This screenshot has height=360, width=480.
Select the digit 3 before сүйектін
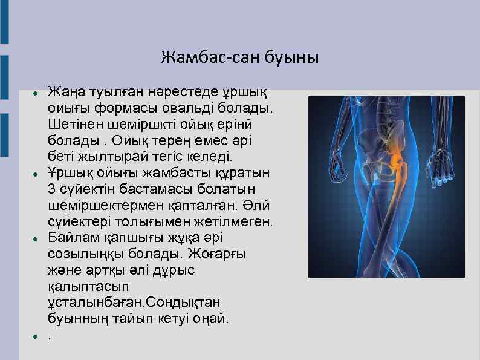51,189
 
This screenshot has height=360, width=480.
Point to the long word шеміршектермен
100,205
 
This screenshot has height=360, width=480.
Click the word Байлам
71,237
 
